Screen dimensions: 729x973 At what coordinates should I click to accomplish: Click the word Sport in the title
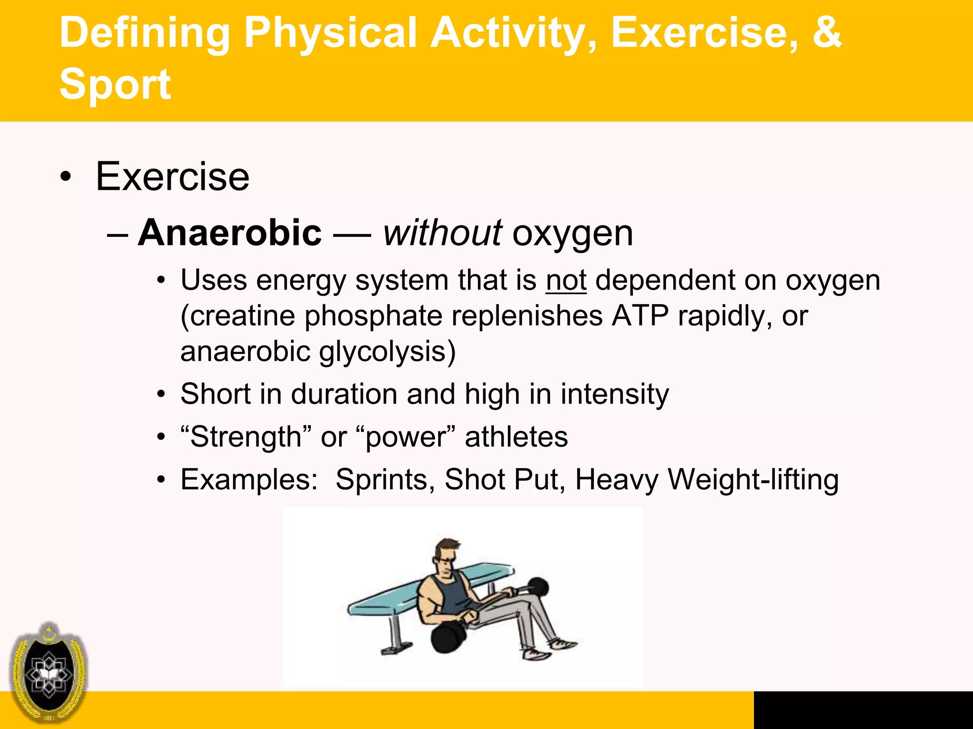point(114,84)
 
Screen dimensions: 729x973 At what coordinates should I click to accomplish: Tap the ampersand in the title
point(826,32)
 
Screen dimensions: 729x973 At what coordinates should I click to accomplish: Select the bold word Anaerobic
point(229,233)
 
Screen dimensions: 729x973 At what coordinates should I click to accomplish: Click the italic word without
point(442,233)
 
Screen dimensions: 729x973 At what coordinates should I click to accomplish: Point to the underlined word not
point(566,280)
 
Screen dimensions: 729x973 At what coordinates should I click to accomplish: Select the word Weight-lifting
point(754,480)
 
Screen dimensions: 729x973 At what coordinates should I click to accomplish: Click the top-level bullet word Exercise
point(172,177)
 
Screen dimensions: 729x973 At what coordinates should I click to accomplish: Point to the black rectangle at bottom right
point(863,710)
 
